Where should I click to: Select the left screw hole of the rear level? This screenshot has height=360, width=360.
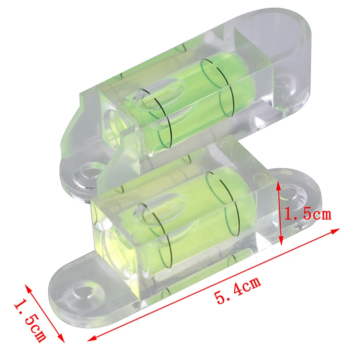pos(89,173)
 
